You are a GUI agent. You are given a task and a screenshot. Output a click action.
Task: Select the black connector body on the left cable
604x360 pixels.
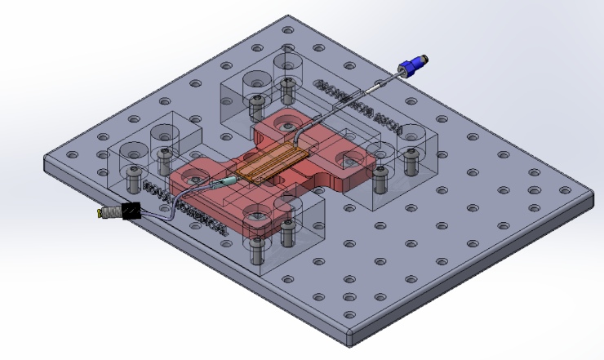[x=131, y=212]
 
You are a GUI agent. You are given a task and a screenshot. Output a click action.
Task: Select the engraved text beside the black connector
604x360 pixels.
[x=184, y=209]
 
